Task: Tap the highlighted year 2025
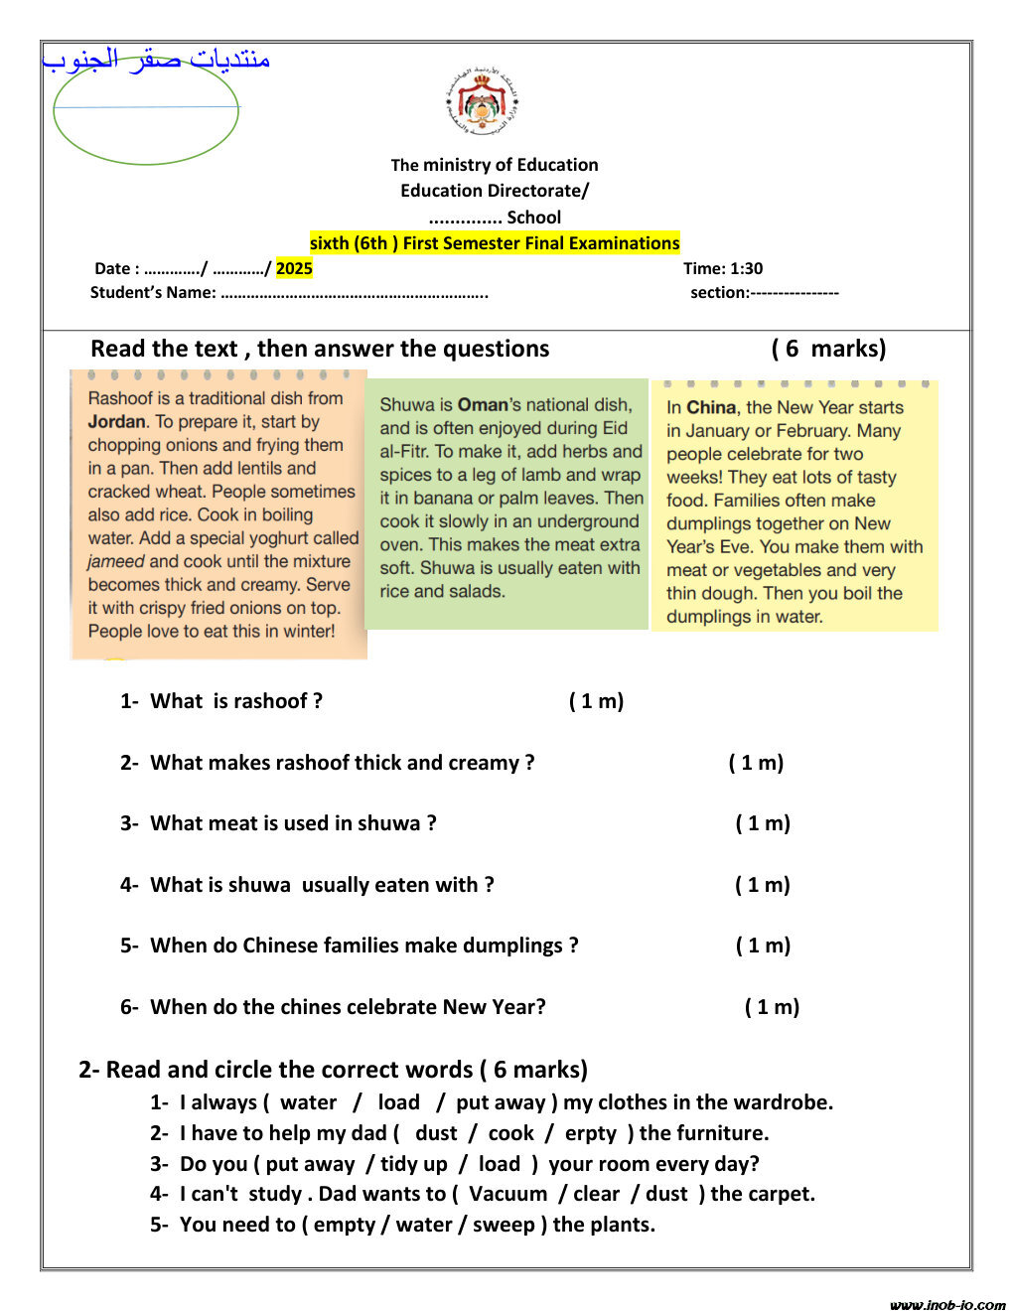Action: click(x=294, y=268)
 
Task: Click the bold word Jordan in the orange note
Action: click(x=116, y=421)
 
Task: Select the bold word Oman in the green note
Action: click(x=483, y=405)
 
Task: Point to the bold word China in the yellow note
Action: click(x=711, y=407)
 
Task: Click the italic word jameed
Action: click(x=116, y=561)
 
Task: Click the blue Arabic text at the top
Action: click(x=157, y=61)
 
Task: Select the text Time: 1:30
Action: click(x=723, y=268)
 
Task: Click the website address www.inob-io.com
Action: click(x=947, y=1304)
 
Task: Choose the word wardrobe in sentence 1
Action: click(x=780, y=1102)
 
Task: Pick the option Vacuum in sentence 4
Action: click(x=507, y=1194)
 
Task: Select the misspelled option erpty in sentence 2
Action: click(x=591, y=1133)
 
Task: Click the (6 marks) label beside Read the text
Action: click(x=828, y=349)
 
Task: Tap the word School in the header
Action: click(x=534, y=218)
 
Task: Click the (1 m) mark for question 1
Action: click(x=596, y=701)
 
